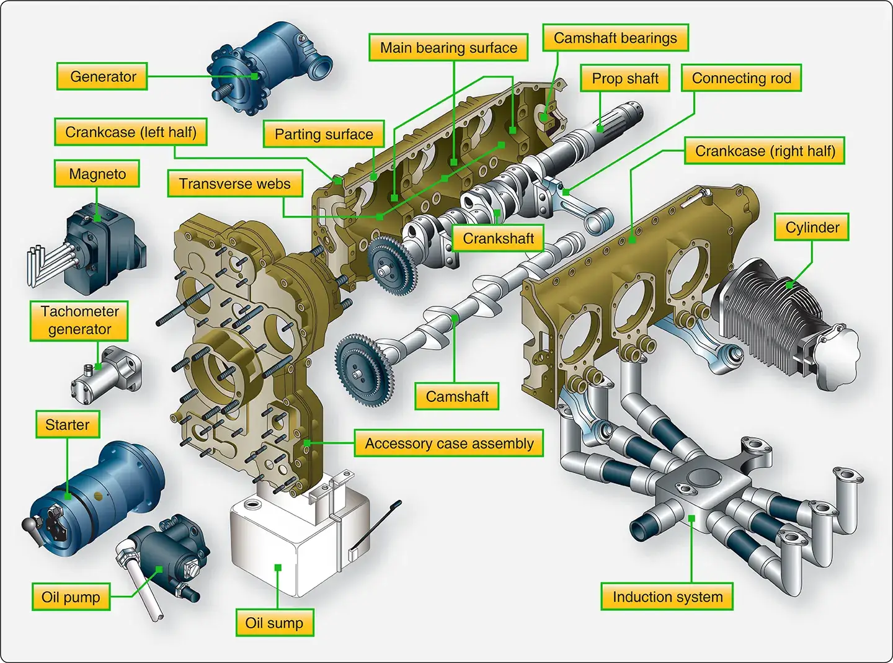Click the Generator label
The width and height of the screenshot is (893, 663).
pyautogui.click(x=102, y=76)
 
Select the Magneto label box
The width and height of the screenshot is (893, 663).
pyautogui.click(x=97, y=174)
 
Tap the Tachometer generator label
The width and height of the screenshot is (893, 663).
pyautogui.click(x=79, y=320)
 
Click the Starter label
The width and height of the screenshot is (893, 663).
pyautogui.click(x=68, y=425)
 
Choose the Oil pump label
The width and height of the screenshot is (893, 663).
pyautogui.click(x=71, y=597)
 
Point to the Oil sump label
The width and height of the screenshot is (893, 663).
pyautogui.click(x=274, y=623)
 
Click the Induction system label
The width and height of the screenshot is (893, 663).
pyautogui.click(x=667, y=597)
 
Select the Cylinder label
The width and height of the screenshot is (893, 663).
pyautogui.click(x=812, y=228)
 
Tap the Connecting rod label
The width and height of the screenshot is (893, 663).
pyautogui.click(x=741, y=78)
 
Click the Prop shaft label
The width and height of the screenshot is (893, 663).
pyautogui.click(x=625, y=78)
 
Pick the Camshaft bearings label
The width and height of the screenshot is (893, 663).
pyautogui.click(x=615, y=38)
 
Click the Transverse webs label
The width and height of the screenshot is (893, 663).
pyautogui.click(x=234, y=184)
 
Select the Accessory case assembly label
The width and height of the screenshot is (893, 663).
pyautogui.click(x=449, y=443)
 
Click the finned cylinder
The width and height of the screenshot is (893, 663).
pyautogui.click(x=775, y=316)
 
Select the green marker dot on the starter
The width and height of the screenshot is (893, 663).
pyautogui.click(x=68, y=496)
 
